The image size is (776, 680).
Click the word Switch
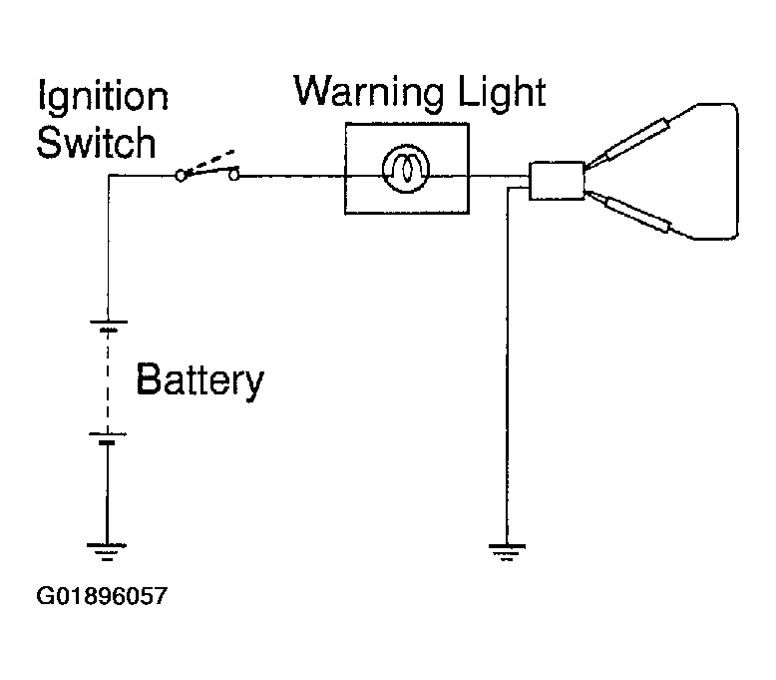(97, 143)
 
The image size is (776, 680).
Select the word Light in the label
(502, 92)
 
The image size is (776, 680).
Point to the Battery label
(199, 380)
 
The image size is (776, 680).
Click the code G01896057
(102, 596)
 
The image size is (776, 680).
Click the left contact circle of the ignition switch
(181, 176)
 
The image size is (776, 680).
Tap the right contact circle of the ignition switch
(233, 175)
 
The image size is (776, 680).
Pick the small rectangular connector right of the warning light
(557, 181)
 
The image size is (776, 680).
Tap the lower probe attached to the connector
(628, 212)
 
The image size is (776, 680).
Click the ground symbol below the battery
(107, 551)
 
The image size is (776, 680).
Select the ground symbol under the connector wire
(507, 552)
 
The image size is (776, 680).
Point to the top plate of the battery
(109, 322)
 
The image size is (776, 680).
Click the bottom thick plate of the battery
(107, 442)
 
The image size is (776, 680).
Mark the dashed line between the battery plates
(108, 381)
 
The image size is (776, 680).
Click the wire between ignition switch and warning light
(292, 176)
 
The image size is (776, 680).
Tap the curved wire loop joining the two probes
(737, 171)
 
